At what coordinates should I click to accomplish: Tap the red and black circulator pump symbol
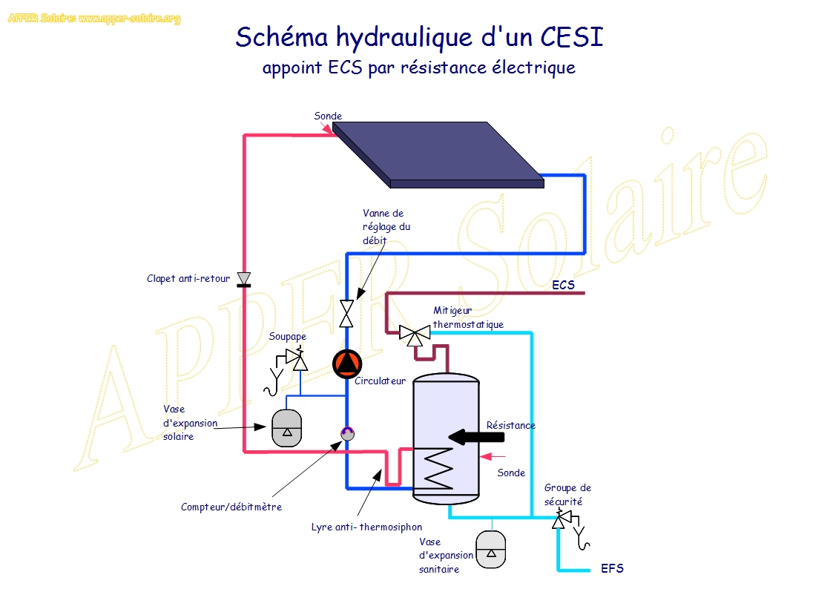346,363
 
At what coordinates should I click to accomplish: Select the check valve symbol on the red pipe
243,279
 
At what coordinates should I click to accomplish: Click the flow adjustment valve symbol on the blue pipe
346,312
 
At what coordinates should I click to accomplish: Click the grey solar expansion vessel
287,428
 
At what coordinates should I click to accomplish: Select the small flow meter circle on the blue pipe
346,432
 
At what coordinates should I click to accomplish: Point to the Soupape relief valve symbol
297,361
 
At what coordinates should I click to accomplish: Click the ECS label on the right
563,285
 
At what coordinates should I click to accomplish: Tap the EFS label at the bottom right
612,569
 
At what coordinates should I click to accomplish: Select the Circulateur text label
380,381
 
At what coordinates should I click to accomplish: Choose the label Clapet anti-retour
189,279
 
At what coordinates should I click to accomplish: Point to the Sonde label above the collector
328,116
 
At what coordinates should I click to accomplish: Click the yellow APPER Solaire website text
94,19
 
